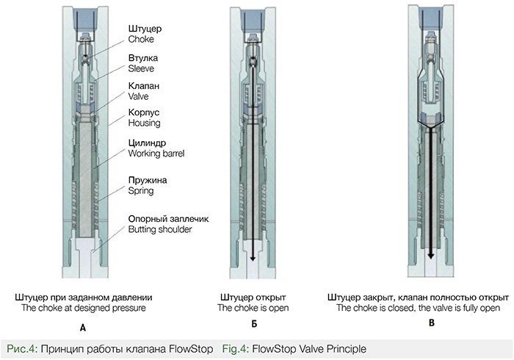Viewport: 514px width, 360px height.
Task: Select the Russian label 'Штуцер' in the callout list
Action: click(x=145, y=28)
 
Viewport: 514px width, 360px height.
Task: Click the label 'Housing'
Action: click(x=145, y=123)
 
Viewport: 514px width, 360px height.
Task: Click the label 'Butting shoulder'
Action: click(x=161, y=230)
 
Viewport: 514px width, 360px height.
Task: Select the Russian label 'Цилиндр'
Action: click(x=150, y=143)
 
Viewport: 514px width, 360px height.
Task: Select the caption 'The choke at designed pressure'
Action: click(x=81, y=309)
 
